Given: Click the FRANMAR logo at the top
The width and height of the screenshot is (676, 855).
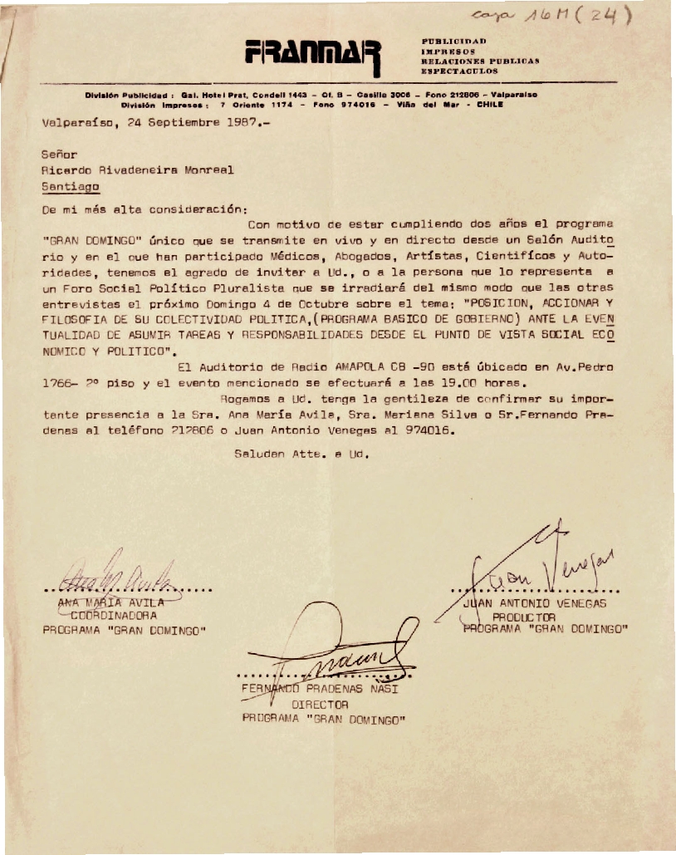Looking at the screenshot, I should [x=312, y=57].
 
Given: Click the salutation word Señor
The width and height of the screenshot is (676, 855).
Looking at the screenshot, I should [x=59, y=154].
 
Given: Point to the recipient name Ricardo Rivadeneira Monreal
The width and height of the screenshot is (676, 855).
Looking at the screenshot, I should [x=138, y=170].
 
